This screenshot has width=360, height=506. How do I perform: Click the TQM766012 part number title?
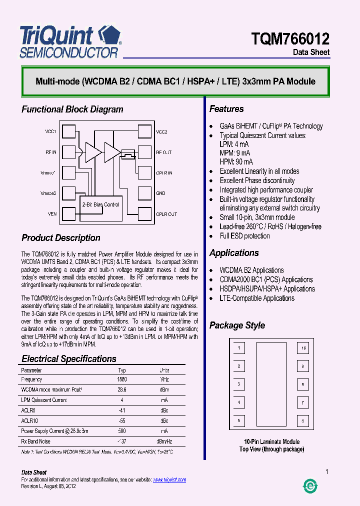pos(290,39)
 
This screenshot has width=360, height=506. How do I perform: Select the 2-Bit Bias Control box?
pos(100,205)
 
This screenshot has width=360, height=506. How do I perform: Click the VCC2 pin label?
pos(161,132)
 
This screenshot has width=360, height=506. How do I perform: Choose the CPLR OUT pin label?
pos(166,214)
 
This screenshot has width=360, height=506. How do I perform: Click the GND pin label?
pos(160,193)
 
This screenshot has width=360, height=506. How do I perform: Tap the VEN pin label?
pos(52,214)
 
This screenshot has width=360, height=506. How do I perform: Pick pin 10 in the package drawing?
pos(302,348)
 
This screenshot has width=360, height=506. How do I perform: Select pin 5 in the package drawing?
pos(239,420)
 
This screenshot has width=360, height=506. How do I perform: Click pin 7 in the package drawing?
pos(302,402)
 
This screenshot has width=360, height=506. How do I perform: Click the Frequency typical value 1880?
pos(122,380)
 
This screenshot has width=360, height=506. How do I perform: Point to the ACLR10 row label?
pos(29,420)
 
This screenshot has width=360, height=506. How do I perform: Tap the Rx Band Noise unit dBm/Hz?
pos(164,441)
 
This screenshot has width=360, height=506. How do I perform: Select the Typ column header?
pos(122,370)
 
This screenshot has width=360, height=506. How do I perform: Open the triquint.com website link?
pos(169,480)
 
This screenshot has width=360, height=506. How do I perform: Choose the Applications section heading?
pos(234,253)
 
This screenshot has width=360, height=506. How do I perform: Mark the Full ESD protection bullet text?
pos(244,236)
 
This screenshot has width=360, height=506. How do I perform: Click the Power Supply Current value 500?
pos(122,431)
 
